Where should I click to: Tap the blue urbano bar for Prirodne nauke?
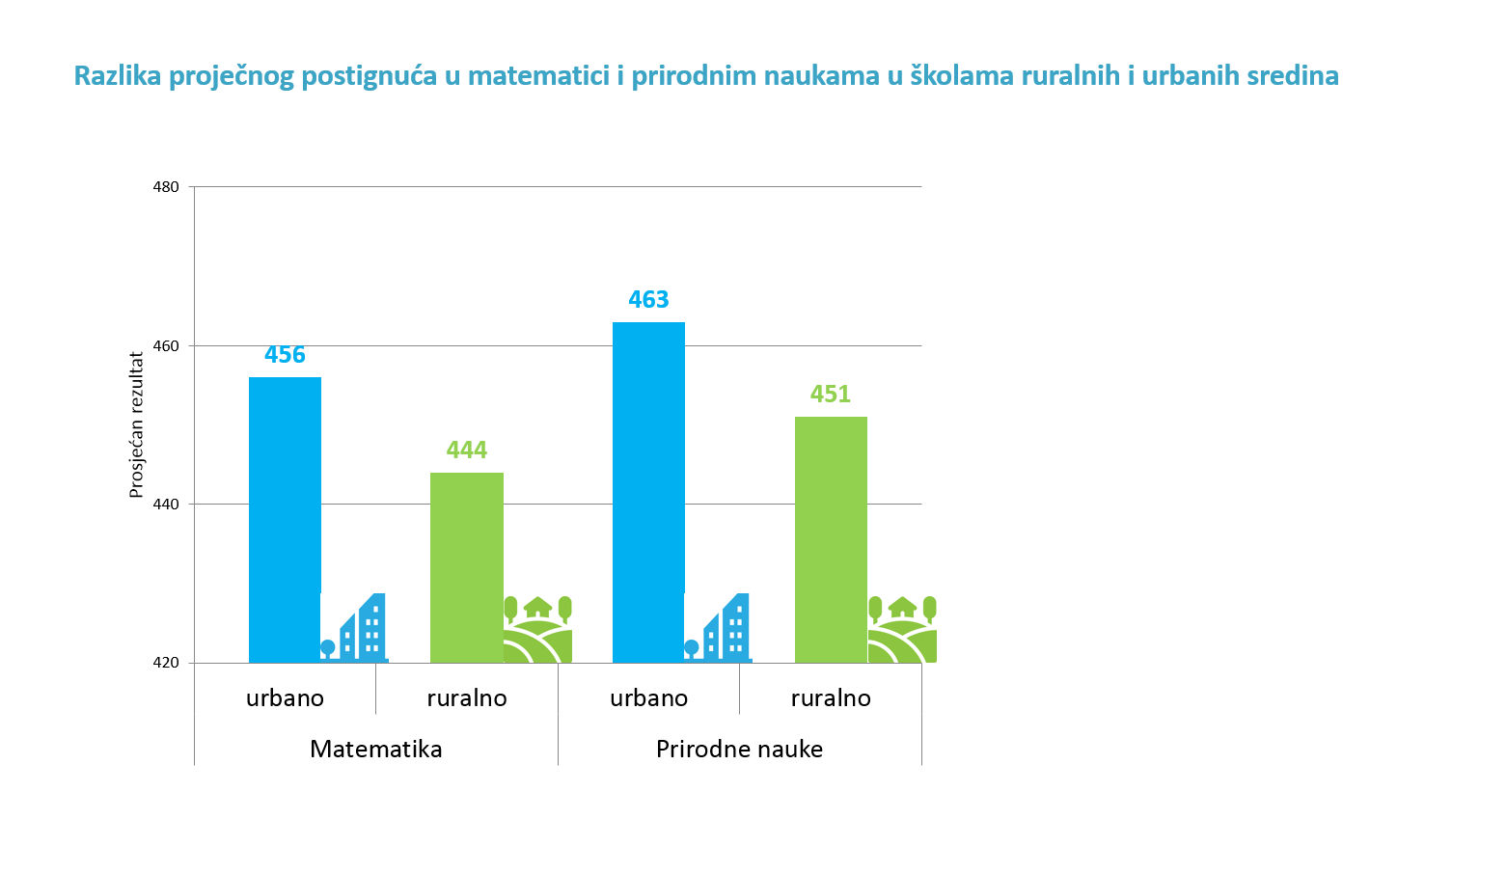click(648, 492)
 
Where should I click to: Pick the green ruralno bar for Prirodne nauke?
click(831, 539)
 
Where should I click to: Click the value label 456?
click(285, 355)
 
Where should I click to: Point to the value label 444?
click(466, 451)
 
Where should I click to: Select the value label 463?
click(648, 300)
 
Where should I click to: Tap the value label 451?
click(830, 395)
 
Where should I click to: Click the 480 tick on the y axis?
click(166, 187)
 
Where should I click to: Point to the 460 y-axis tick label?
click(166, 345)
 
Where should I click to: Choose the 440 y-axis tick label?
click(166, 505)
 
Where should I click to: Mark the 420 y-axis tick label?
click(166, 663)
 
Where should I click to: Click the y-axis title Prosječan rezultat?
click(136, 424)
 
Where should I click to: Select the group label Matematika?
click(375, 750)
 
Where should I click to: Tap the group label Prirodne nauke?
click(739, 750)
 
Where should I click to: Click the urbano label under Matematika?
click(285, 698)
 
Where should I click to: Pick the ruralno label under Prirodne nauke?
click(831, 698)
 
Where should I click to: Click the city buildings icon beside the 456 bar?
click(354, 629)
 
